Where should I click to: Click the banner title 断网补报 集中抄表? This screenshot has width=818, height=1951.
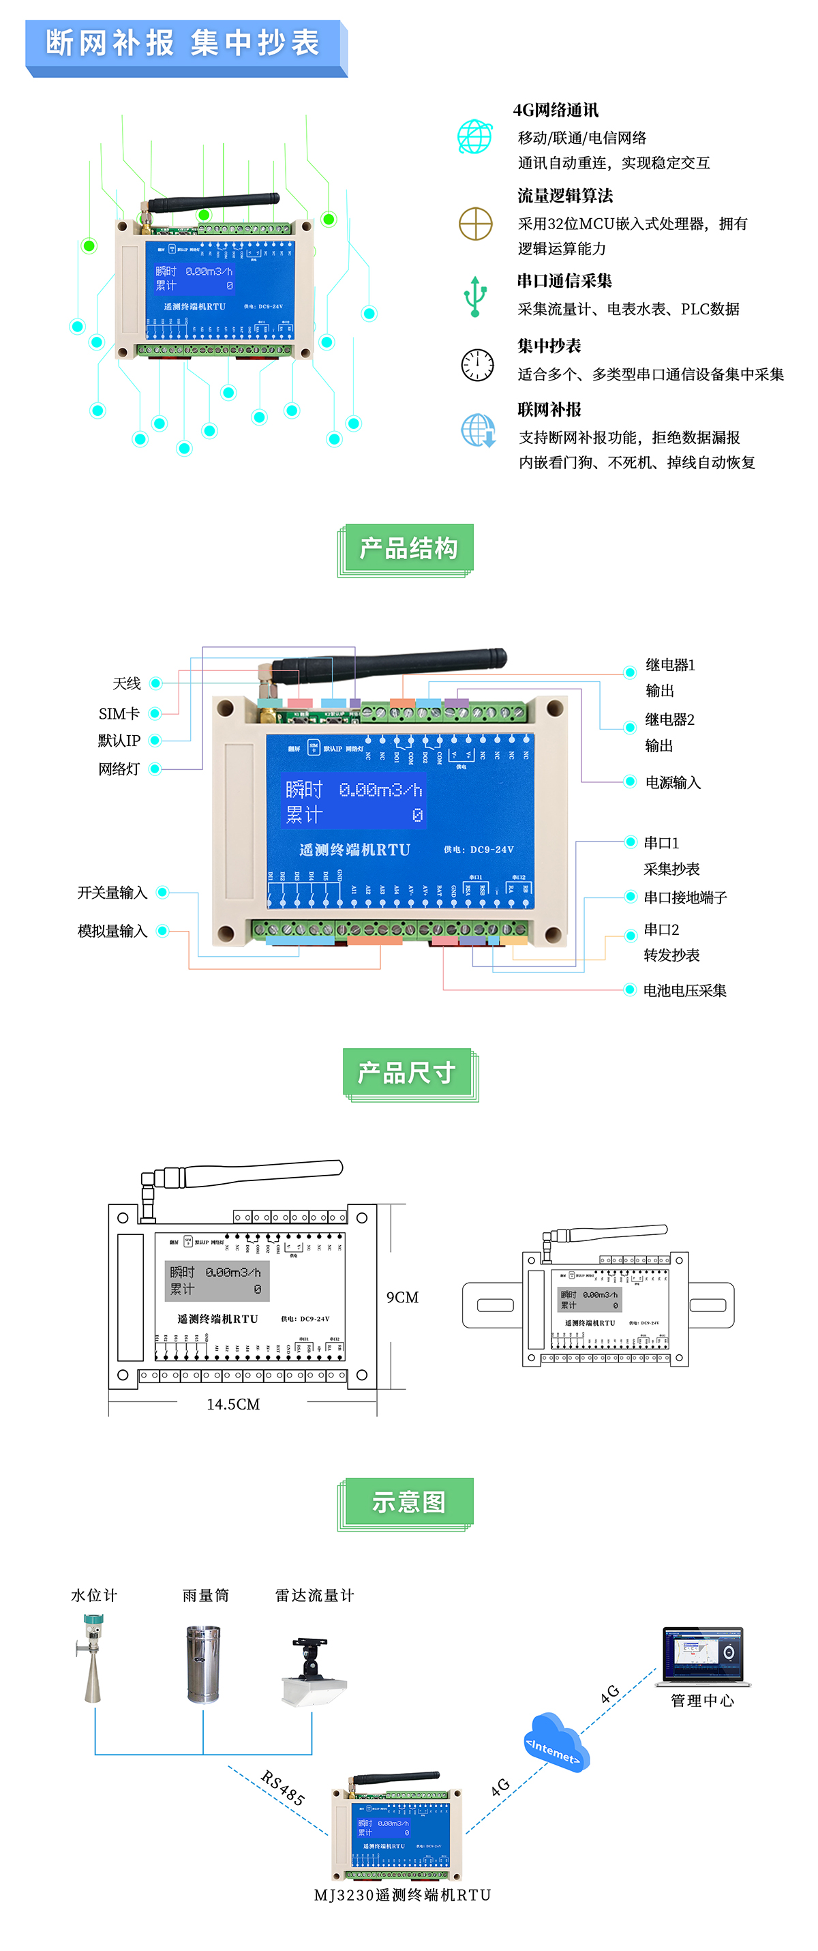[183, 43]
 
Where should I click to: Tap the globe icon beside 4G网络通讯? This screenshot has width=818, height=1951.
[475, 137]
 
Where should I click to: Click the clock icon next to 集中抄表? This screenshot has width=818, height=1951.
[477, 365]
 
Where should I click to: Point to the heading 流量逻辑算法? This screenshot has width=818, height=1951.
[565, 196]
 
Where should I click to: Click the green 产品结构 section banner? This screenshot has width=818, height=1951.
[408, 548]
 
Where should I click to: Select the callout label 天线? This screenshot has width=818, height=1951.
[127, 684]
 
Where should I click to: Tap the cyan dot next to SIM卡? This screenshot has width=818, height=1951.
[155, 713]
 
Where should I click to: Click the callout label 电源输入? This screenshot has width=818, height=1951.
[673, 782]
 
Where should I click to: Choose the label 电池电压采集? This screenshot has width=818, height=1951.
[684, 990]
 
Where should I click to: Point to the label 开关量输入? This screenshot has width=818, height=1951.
[112, 893]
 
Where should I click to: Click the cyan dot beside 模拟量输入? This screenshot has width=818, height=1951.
[162, 931]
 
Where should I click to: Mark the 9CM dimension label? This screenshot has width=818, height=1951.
[402, 1298]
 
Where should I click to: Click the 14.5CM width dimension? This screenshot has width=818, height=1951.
[233, 1404]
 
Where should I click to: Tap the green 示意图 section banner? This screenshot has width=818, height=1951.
[408, 1502]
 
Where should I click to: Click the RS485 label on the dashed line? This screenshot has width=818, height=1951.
[282, 1788]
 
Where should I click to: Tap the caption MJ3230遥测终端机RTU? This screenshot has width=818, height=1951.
[402, 1895]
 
